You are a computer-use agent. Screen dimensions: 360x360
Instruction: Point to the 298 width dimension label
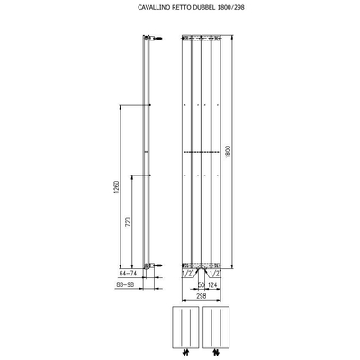202,295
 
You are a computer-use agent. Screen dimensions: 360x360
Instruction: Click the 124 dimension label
215,287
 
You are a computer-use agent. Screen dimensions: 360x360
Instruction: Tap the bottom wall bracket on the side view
155,266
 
